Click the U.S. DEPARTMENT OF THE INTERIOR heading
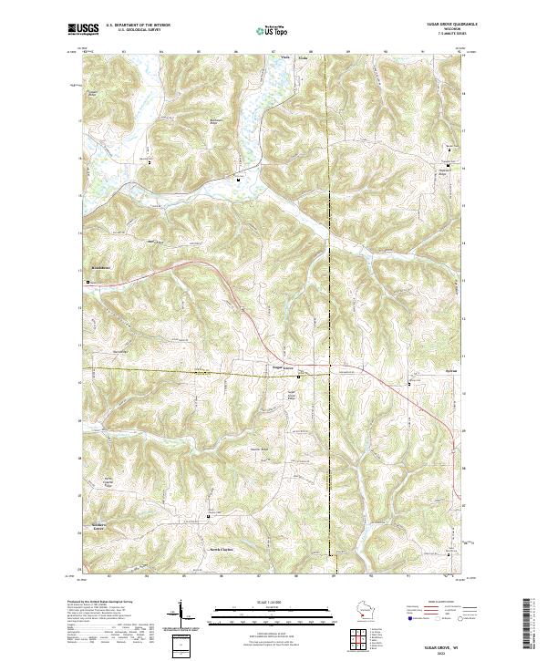(x=138, y=25)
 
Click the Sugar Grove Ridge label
(x=293, y=396)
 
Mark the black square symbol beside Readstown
(x=88, y=284)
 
